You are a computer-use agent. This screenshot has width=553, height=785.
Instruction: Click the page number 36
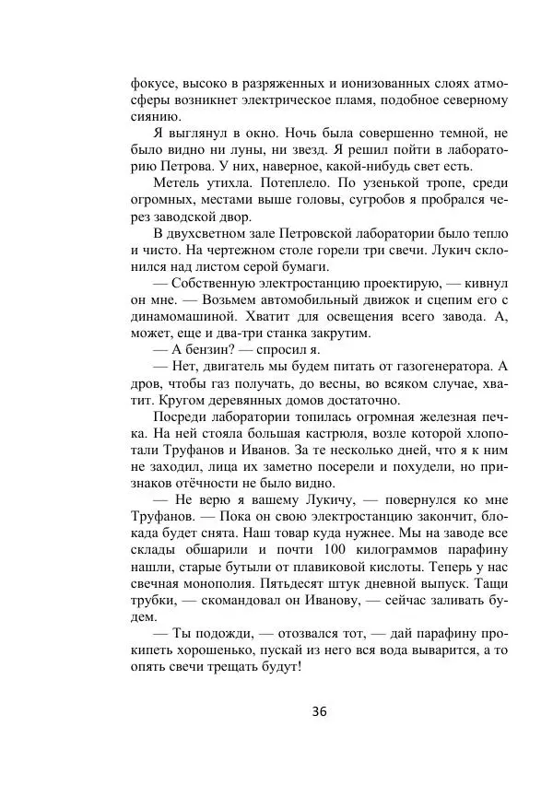tap(320, 711)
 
